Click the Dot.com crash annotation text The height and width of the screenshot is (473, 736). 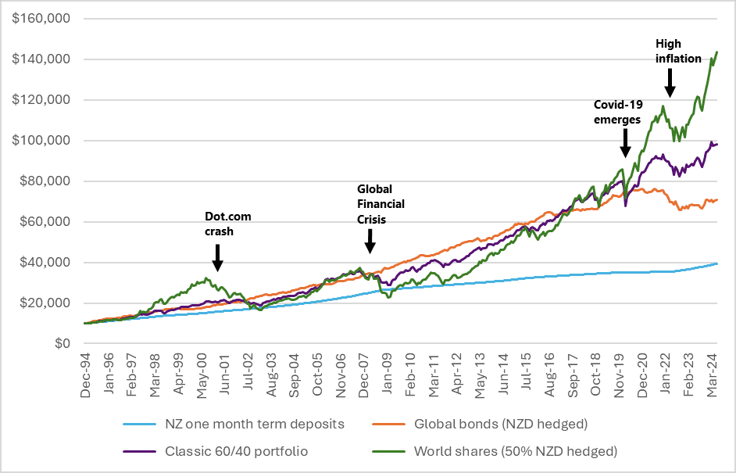point(228,224)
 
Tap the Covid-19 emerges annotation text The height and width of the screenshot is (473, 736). point(617,112)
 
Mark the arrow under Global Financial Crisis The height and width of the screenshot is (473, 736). point(370,242)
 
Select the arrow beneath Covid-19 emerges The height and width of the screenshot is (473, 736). point(625,142)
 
